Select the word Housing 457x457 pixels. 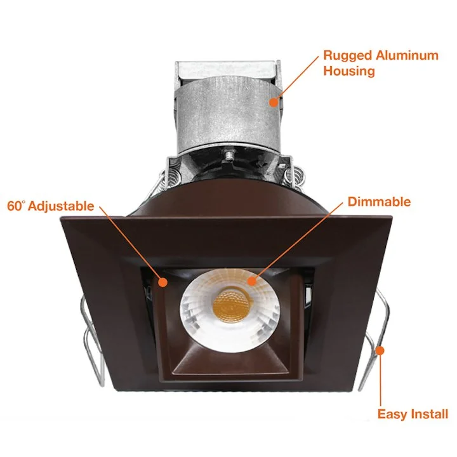pyautogui.click(x=349, y=71)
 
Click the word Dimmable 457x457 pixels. pyautogui.click(x=379, y=202)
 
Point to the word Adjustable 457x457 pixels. pyautogui.click(x=61, y=206)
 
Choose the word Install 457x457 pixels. pyautogui.click(x=427, y=414)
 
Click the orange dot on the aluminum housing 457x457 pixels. pyautogui.click(x=274, y=102)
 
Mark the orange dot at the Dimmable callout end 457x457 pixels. pyautogui.click(x=252, y=281)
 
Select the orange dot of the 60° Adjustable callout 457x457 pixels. pyautogui.click(x=163, y=282)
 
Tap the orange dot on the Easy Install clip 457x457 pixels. pyautogui.click(x=380, y=350)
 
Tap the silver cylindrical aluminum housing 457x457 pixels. pyautogui.click(x=228, y=115)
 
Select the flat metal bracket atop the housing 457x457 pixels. pyautogui.click(x=228, y=69)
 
